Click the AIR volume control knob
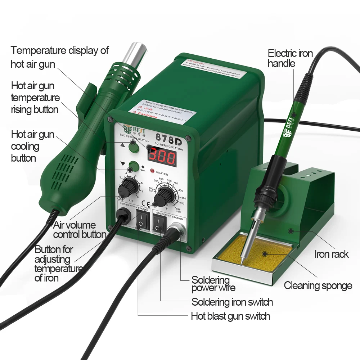tap(127, 187)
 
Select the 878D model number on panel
tap(168, 138)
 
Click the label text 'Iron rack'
tap(331, 254)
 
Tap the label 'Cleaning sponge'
tap(318, 286)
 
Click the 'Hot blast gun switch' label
tap(230, 316)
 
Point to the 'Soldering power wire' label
tap(213, 284)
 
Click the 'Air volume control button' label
tap(79, 230)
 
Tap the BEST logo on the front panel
tap(130, 129)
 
